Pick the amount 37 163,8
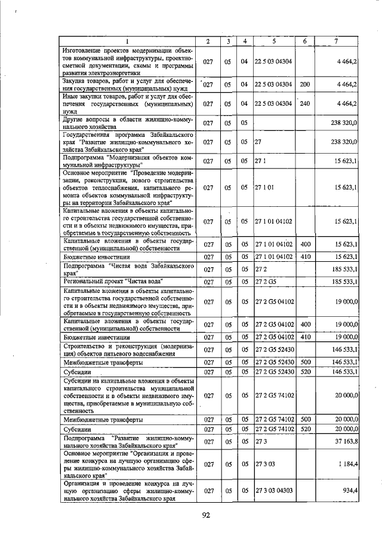pos(345,441)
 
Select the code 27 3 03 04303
pos(273,491)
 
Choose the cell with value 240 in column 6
pos(304,103)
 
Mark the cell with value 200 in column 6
pos(304,84)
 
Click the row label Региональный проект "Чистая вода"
pos(113,281)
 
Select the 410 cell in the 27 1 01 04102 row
pos(304,256)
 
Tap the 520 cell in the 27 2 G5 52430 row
pos(304,371)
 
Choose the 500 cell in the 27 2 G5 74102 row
pos(304,420)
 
